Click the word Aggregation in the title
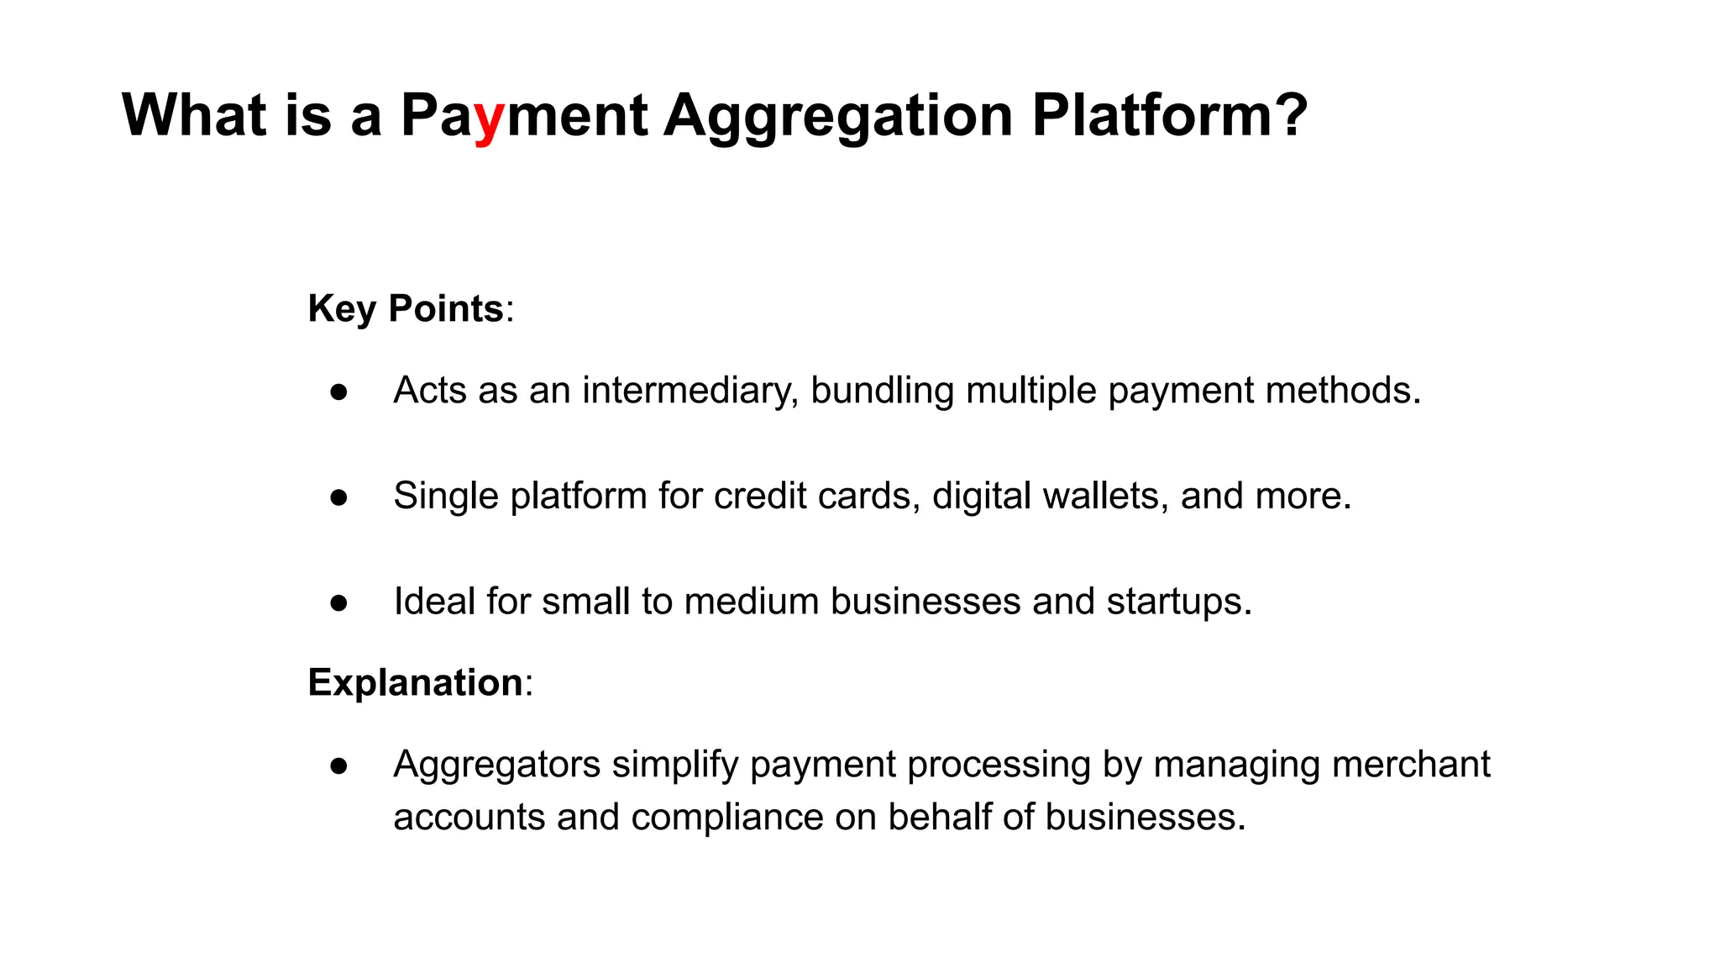point(838,116)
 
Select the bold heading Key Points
point(406,308)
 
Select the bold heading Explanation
point(415,681)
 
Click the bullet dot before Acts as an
point(339,392)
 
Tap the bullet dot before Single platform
point(339,497)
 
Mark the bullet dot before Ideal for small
point(339,602)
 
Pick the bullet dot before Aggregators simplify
point(339,765)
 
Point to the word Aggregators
point(497,765)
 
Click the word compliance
point(726,817)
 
